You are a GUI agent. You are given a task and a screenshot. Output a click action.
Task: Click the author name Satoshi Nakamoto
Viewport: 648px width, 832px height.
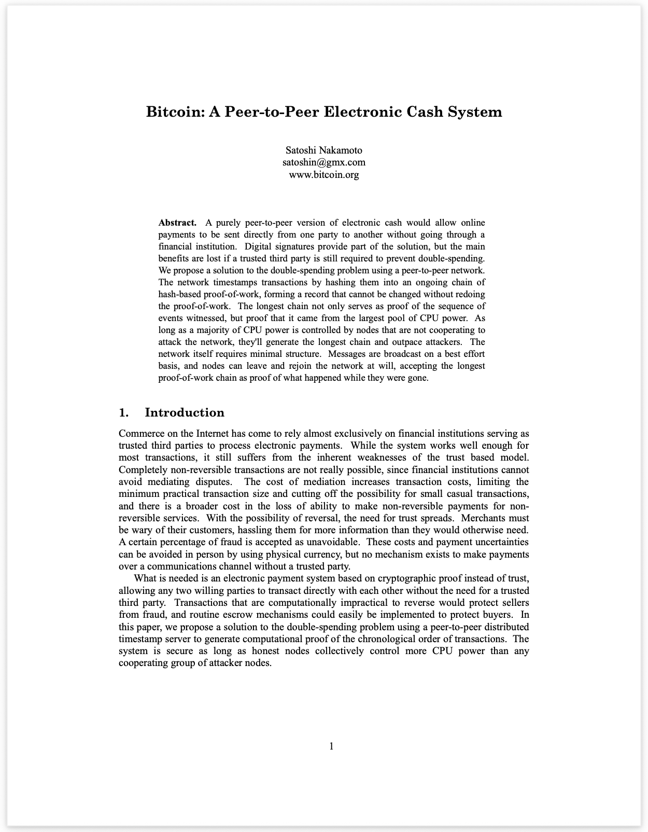pyautogui.click(x=324, y=150)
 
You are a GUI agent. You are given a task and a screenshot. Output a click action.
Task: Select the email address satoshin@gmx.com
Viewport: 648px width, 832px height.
pyautogui.click(x=324, y=162)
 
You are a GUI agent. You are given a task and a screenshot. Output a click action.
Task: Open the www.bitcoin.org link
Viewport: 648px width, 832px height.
pyautogui.click(x=324, y=174)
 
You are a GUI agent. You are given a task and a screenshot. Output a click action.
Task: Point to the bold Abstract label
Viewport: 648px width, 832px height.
pyautogui.click(x=177, y=223)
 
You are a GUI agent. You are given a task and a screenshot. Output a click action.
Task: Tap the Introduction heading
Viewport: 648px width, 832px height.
pyautogui.click(x=185, y=412)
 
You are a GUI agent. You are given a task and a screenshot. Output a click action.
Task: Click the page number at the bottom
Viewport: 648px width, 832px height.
pyautogui.click(x=331, y=746)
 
